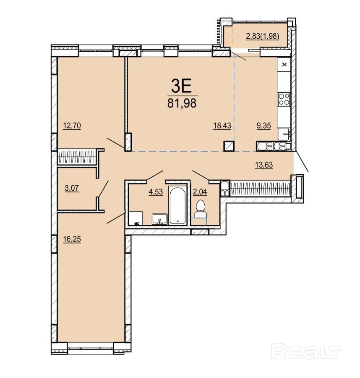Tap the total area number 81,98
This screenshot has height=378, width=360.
pyautogui.click(x=182, y=103)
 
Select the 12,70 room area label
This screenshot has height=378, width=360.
pyautogui.click(x=72, y=126)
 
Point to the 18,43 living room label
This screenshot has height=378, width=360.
pyautogui.click(x=222, y=126)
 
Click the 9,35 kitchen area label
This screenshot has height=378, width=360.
pyautogui.click(x=263, y=126)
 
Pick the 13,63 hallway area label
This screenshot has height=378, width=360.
pyautogui.click(x=263, y=165)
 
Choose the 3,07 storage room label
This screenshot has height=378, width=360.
pyautogui.click(x=72, y=188)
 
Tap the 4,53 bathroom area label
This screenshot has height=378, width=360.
pyautogui.click(x=156, y=192)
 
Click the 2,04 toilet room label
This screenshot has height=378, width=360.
pyautogui.click(x=200, y=192)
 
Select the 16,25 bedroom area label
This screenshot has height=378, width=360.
pyautogui.click(x=72, y=239)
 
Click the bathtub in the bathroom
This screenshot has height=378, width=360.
pyautogui.click(x=177, y=205)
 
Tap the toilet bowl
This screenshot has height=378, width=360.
pyautogui.click(x=200, y=209)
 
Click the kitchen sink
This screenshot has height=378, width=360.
pyautogui.click(x=284, y=134)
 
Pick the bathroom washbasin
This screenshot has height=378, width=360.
pyautogui.click(x=160, y=219)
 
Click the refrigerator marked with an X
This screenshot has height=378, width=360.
pyautogui.click(x=284, y=64)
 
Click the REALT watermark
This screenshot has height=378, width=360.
pyautogui.click(x=306, y=352)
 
